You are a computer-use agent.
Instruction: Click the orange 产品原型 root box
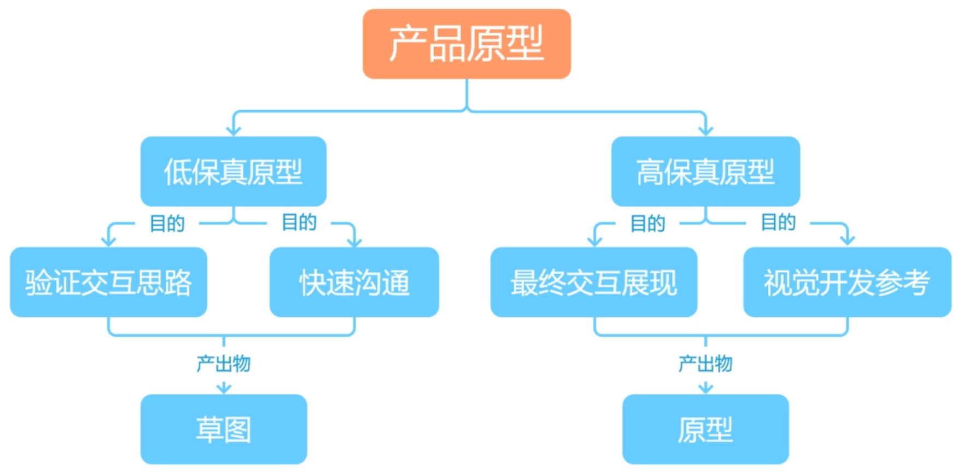[x=466, y=44]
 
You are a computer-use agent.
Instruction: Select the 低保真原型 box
[x=234, y=171]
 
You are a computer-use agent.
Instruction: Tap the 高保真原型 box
[x=705, y=171]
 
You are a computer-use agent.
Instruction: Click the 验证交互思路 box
[x=108, y=282]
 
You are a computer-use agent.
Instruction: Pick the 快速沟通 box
[x=354, y=282]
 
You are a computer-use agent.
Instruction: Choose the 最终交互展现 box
[x=594, y=282]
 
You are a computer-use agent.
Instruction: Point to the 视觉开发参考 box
[x=847, y=282]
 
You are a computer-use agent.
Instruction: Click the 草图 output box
[x=224, y=429]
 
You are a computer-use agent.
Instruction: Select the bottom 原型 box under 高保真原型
[x=705, y=429]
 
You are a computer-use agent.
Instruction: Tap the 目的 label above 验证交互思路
[x=167, y=224]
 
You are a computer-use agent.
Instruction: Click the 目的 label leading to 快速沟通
[x=299, y=222]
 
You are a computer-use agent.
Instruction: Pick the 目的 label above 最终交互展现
[x=648, y=224]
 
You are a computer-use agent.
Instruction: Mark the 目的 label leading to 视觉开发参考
[x=779, y=222]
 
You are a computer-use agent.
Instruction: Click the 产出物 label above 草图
[x=224, y=363]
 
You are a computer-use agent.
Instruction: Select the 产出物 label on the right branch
[x=705, y=363]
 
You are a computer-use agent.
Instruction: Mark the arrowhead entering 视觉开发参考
[x=847, y=240]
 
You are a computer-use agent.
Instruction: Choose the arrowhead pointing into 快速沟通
[x=354, y=242]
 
